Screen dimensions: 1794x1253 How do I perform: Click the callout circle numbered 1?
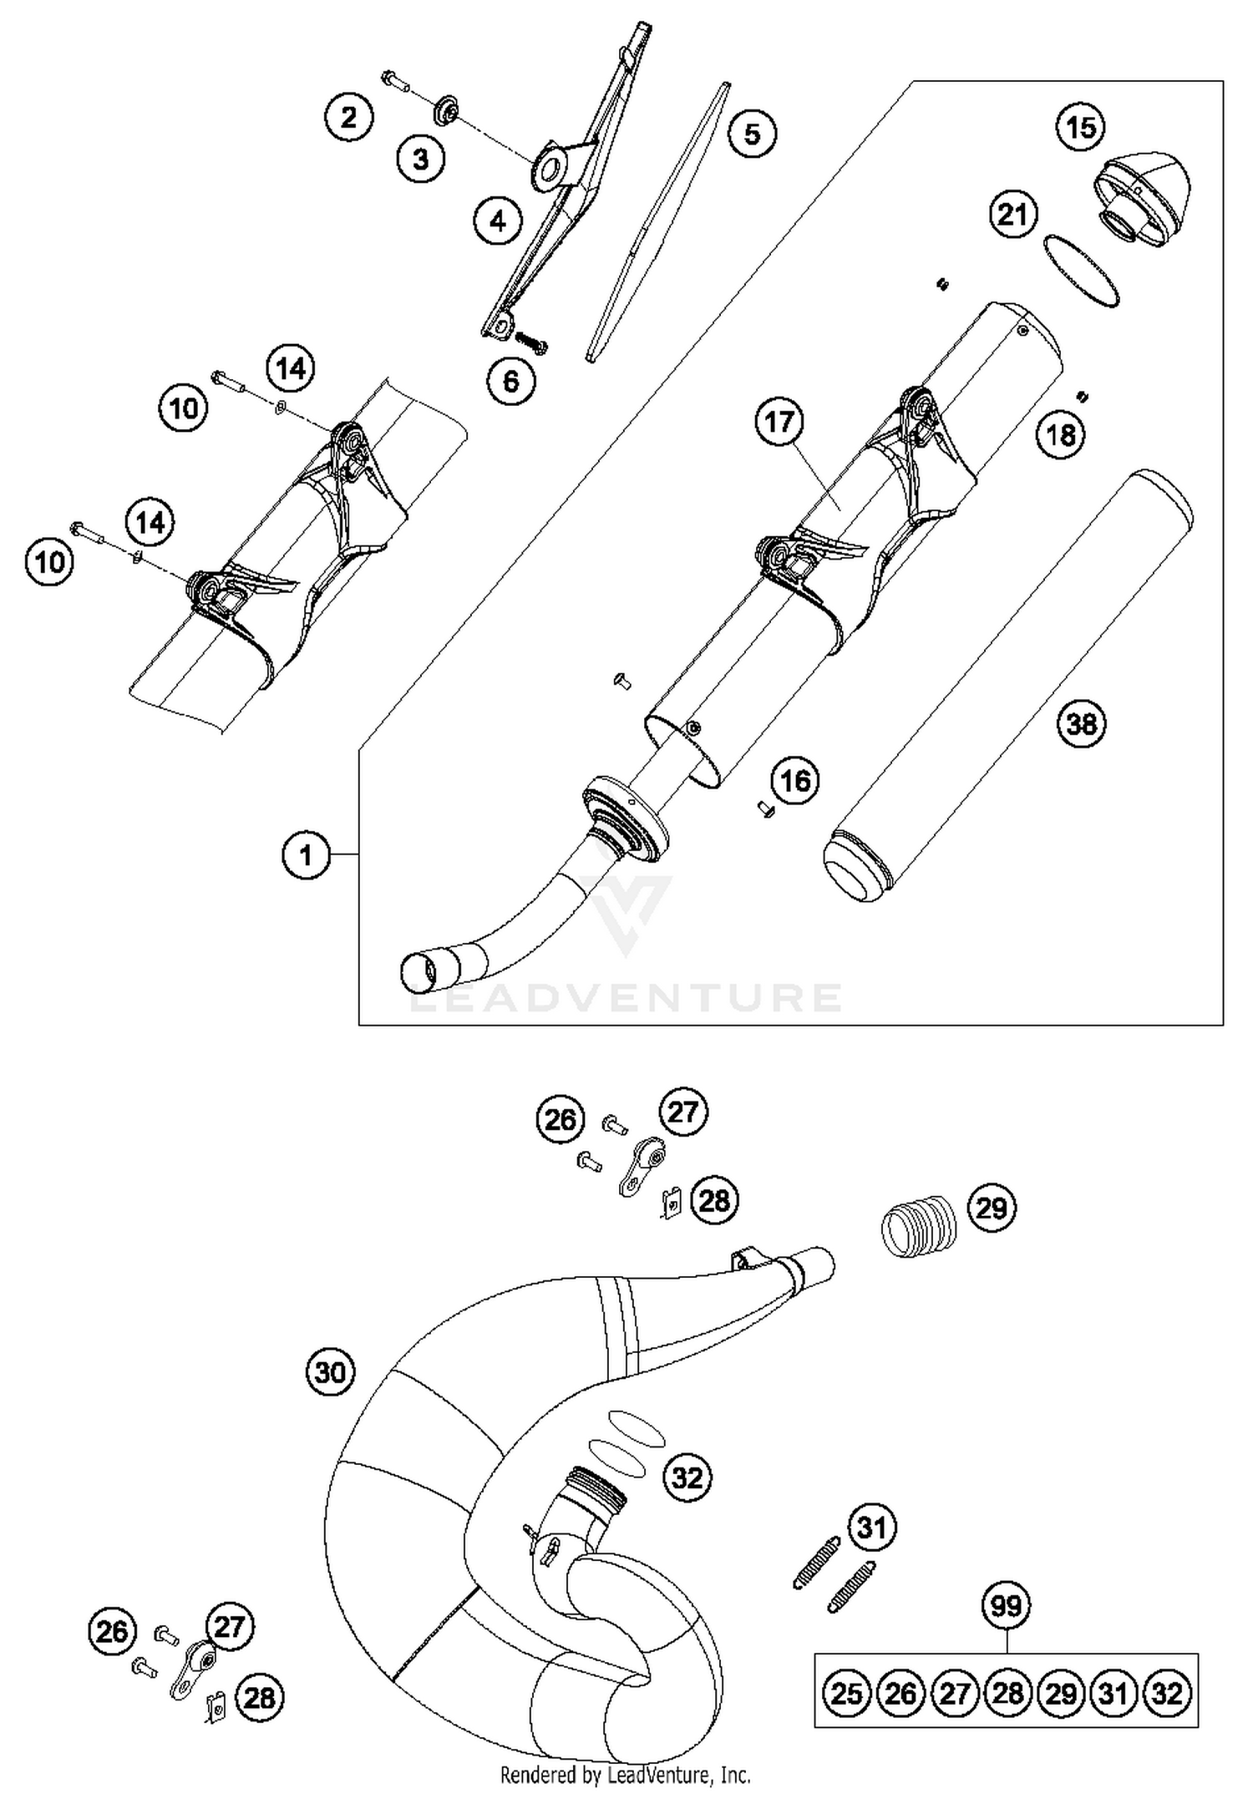click(x=306, y=854)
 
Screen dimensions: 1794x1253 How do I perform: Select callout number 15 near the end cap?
click(x=1081, y=128)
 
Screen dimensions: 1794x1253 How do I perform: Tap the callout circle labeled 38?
click(x=1081, y=723)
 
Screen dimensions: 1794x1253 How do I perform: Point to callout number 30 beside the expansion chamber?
click(x=331, y=1371)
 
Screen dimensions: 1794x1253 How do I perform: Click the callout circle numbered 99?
click(x=1006, y=1605)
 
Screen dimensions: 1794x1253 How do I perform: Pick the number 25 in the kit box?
click(x=847, y=1694)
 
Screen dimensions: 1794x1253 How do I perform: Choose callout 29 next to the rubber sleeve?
click(x=992, y=1208)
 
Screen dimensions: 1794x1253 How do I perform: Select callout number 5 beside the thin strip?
click(x=752, y=134)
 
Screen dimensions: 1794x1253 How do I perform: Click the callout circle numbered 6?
click(x=511, y=382)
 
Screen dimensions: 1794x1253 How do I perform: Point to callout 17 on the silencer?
click(x=779, y=422)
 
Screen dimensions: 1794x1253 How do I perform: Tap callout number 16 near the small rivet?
click(x=794, y=780)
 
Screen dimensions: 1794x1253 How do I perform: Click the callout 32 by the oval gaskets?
click(x=687, y=1477)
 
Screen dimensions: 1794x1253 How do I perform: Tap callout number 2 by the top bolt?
click(x=348, y=117)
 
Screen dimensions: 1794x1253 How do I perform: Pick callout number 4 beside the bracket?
click(x=498, y=221)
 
